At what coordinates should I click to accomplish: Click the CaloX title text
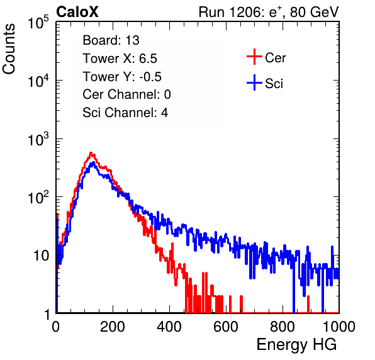click(x=77, y=12)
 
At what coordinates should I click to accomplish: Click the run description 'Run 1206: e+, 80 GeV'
click(x=269, y=12)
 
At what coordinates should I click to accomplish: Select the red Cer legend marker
click(x=254, y=57)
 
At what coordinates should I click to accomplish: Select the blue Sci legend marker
click(x=254, y=83)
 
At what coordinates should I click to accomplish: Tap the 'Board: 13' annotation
click(x=111, y=40)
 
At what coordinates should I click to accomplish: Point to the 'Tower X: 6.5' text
click(x=120, y=59)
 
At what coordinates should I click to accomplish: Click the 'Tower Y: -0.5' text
click(x=122, y=77)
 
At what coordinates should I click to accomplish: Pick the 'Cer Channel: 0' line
click(x=126, y=94)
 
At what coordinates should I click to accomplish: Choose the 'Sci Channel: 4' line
click(x=125, y=113)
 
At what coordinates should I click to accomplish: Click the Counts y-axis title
click(x=9, y=49)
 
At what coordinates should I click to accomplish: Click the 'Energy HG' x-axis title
click(x=296, y=345)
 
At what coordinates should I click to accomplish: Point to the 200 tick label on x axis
click(x=113, y=327)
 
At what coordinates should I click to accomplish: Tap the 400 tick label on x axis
click(x=169, y=327)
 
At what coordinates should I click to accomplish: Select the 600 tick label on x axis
click(x=226, y=327)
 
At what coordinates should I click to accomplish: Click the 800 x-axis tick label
click(x=283, y=327)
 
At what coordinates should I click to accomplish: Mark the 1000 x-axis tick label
click(x=339, y=327)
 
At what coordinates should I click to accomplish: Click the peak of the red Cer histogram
click(x=91, y=152)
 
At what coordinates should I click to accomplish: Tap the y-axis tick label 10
click(x=41, y=256)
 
